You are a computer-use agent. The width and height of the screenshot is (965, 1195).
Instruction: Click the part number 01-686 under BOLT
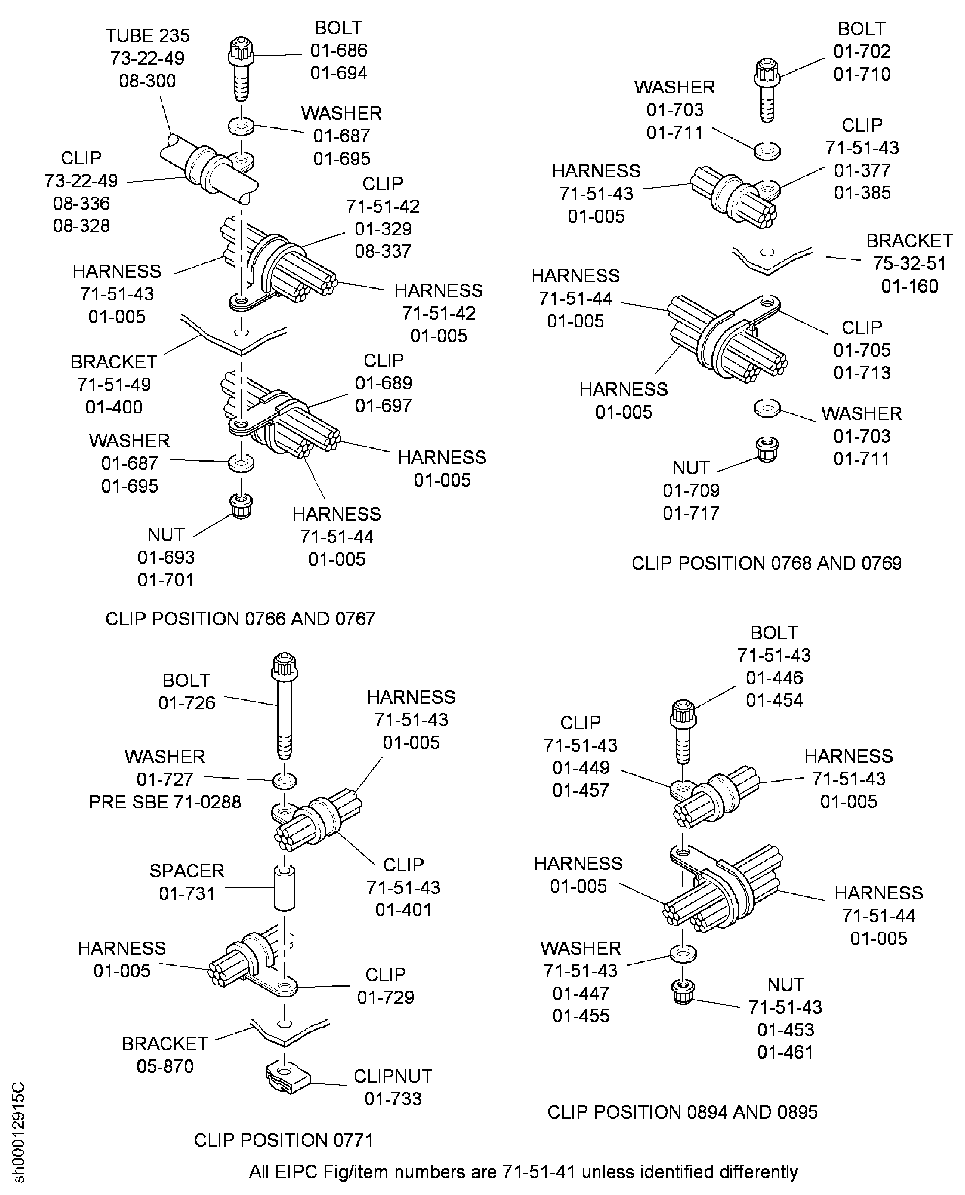[339, 51]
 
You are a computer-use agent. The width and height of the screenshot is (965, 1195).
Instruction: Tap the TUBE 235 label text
[147, 35]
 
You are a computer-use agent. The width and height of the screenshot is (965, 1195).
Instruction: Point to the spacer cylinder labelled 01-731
[284, 888]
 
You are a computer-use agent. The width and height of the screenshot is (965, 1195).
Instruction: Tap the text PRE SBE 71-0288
[165, 802]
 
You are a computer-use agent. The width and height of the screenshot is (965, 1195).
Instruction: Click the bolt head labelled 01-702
[767, 72]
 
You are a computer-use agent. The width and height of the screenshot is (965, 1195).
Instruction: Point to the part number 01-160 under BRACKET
[909, 286]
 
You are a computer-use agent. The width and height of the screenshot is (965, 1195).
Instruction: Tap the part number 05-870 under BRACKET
[165, 1066]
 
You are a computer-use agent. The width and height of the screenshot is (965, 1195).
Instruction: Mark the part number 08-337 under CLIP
[383, 251]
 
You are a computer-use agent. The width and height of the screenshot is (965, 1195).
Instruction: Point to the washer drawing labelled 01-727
[284, 781]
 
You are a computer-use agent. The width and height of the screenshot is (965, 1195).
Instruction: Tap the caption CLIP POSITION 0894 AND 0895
[682, 1111]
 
